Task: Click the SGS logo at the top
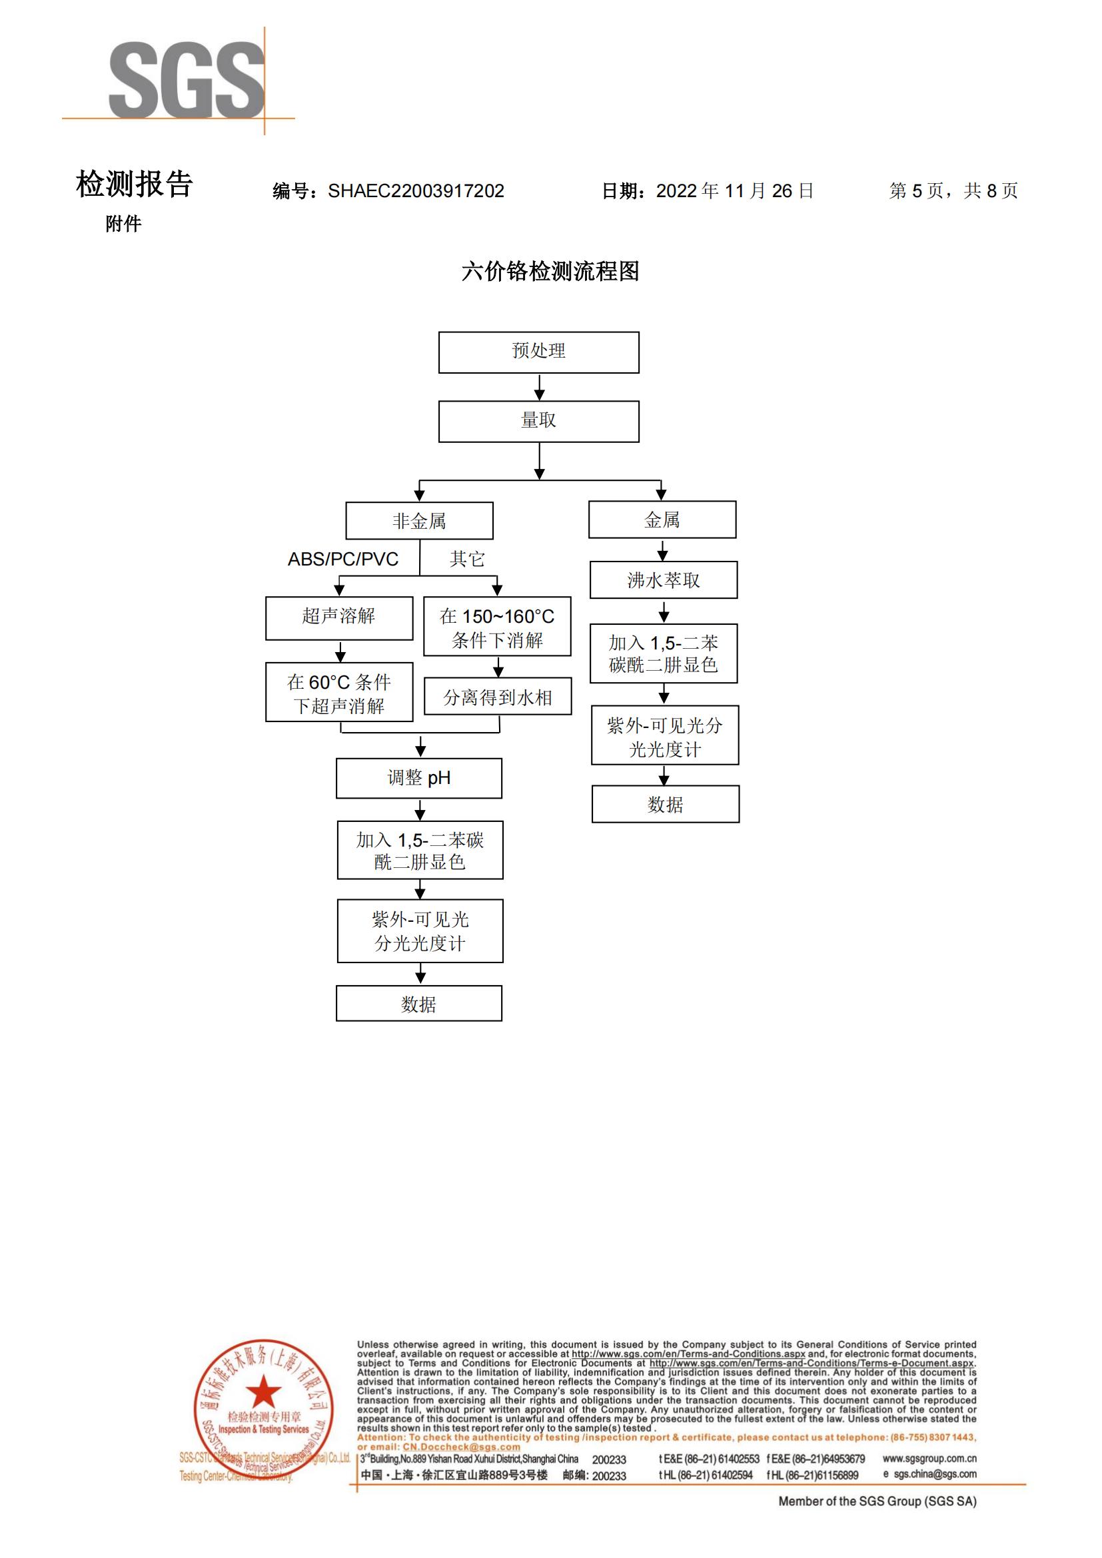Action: pyautogui.click(x=186, y=79)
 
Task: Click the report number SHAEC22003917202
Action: pyautogui.click(x=415, y=191)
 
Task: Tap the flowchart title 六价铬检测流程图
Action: pyautogui.click(x=550, y=271)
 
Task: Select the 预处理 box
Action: pyautogui.click(x=539, y=352)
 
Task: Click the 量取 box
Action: pyautogui.click(x=539, y=422)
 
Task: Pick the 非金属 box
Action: pyautogui.click(x=419, y=521)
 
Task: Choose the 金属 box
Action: pyautogui.click(x=662, y=520)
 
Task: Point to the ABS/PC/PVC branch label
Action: pyautogui.click(x=342, y=559)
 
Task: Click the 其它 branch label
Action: pyautogui.click(x=467, y=559)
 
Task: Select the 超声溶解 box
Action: pyautogui.click(x=338, y=617)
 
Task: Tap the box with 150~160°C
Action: pyautogui.click(x=497, y=627)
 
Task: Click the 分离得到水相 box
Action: pyautogui.click(x=498, y=697)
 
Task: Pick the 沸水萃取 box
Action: pyautogui.click(x=663, y=580)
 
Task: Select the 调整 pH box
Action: pyautogui.click(x=418, y=778)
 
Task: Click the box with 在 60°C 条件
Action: pyautogui.click(x=338, y=693)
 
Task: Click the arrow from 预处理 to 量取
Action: pyautogui.click(x=540, y=388)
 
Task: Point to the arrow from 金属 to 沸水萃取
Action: pyautogui.click(x=663, y=550)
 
